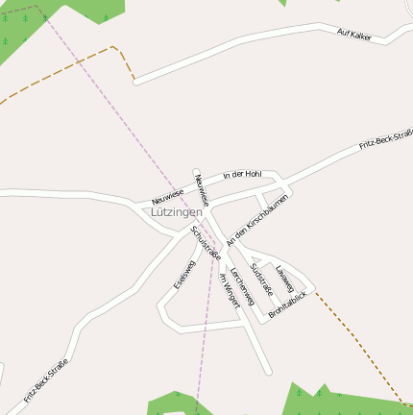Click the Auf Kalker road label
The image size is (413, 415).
pos(354,35)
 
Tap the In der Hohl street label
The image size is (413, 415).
pos(241,175)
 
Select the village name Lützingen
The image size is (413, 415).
pos(177,211)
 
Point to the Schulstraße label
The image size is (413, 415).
pos(206,244)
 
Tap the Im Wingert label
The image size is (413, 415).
pos(229,289)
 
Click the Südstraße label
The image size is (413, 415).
pos(261,279)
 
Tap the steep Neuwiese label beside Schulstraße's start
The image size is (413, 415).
pos(200,188)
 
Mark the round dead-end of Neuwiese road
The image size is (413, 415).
pos(196,173)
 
